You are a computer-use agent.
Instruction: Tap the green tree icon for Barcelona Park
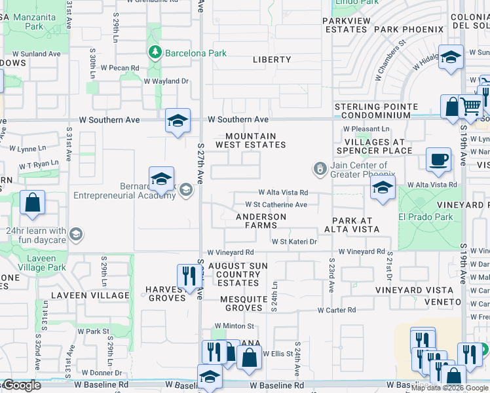point(155,52)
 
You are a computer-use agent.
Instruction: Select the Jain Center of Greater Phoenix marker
point(320,170)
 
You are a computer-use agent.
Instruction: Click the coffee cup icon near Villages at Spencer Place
point(438,159)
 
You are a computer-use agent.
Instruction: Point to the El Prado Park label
point(426,216)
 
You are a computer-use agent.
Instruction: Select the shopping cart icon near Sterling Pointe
point(470,106)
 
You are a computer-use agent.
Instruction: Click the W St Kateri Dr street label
point(295,242)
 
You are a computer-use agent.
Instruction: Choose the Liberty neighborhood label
point(272,60)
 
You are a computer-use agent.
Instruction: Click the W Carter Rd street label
point(337,310)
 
